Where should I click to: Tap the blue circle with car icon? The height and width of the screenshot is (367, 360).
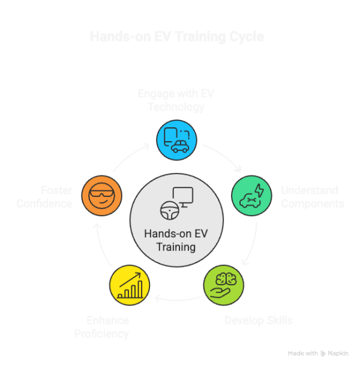176,140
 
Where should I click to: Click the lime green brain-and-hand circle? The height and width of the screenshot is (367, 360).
224,283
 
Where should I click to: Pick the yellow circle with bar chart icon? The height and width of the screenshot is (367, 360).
130,283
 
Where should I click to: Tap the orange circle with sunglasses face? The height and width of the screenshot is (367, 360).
101,196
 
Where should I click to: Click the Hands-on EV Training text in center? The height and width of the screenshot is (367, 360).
176,240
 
